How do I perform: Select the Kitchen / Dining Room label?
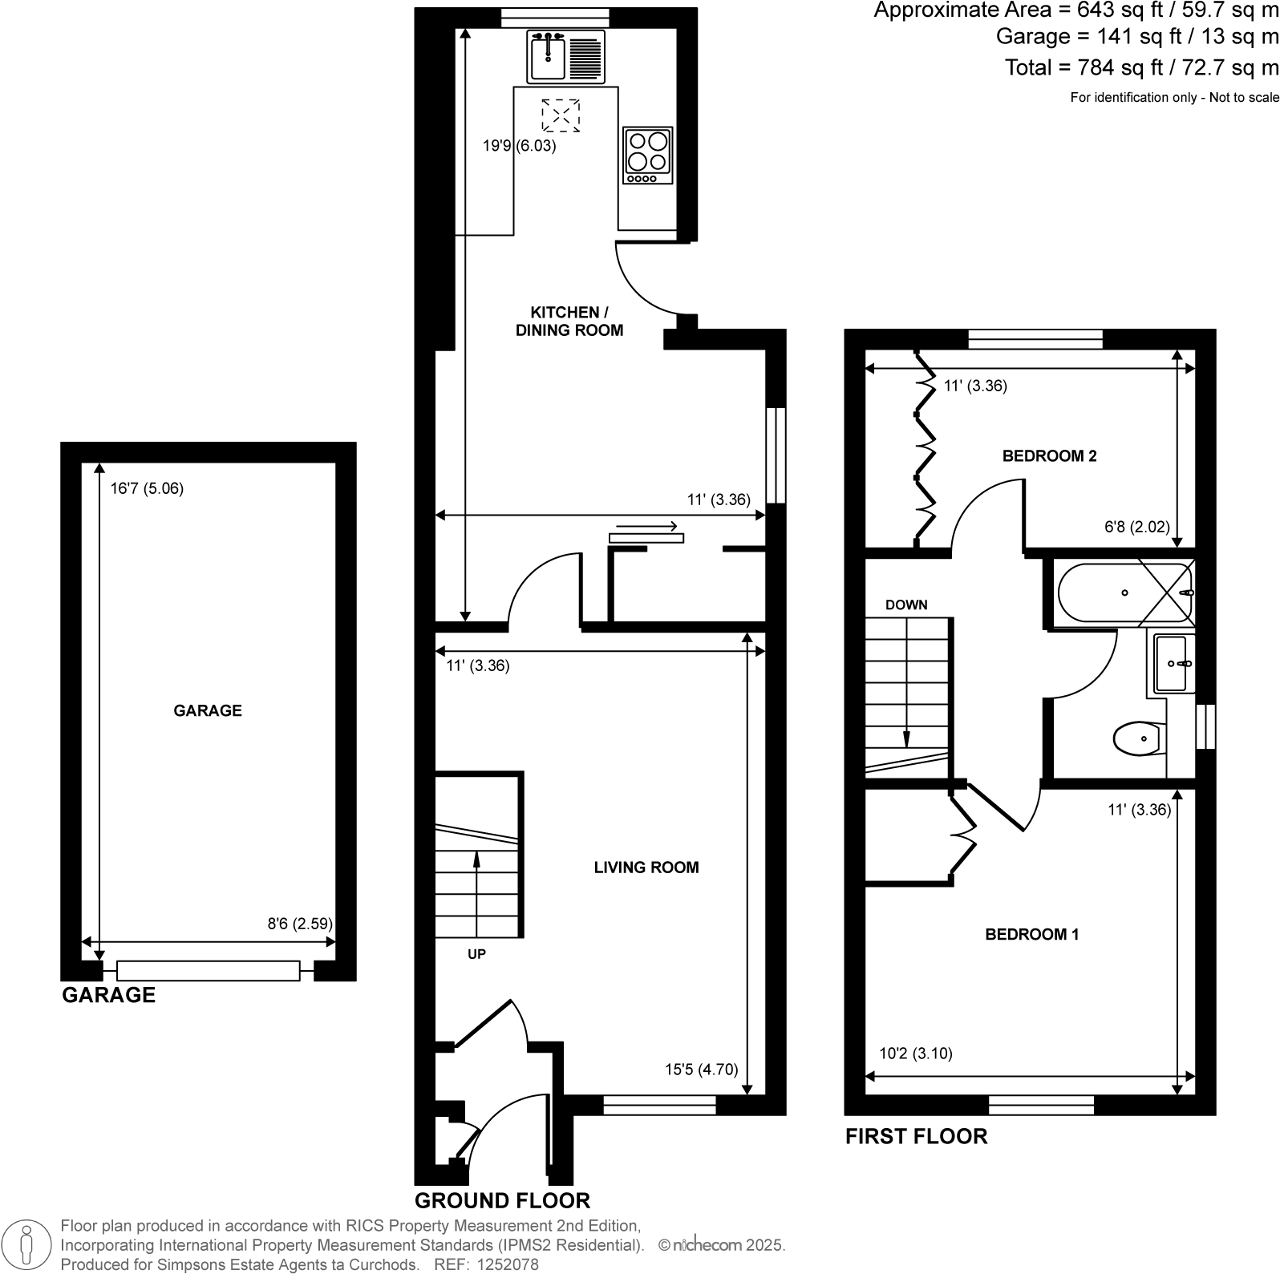569,322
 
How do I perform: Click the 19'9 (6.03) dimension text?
519,146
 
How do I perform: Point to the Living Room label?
646,868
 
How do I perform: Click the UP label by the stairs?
476,955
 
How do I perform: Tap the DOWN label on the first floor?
906,605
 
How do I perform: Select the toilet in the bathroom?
1139,738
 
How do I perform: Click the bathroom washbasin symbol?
1173,664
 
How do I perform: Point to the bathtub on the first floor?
1123,593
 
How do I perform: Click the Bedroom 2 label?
1049,456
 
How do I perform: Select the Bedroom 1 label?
1031,935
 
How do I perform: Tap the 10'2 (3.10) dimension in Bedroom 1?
916,1054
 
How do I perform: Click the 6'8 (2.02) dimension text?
1137,527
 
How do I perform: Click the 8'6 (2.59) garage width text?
299,924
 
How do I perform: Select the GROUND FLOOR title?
502,1200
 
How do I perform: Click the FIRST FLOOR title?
916,1136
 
